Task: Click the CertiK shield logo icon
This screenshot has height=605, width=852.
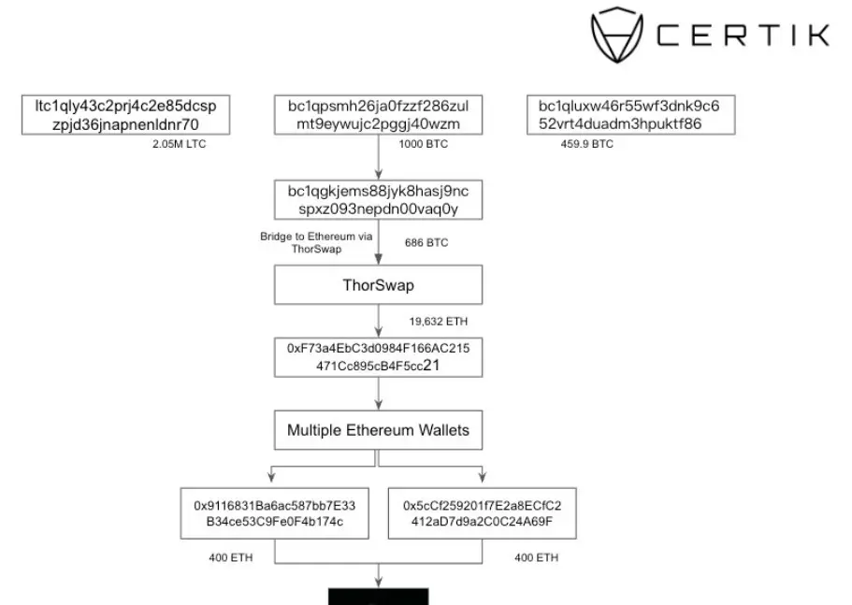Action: point(618,35)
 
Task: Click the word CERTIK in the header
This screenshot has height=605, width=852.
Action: point(744,36)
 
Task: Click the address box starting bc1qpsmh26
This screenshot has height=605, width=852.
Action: point(378,115)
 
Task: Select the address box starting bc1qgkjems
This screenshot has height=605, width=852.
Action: point(378,199)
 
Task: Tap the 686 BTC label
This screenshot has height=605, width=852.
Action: point(426,243)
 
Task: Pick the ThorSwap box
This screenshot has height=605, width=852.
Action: point(378,285)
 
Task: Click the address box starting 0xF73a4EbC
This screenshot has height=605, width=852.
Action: point(378,357)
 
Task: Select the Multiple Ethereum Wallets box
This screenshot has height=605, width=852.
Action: point(378,431)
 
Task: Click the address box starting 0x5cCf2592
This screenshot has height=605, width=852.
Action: point(483,512)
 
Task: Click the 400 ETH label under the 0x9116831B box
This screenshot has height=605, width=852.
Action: point(230,557)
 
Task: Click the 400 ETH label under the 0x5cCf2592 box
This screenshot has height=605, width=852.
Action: point(536,557)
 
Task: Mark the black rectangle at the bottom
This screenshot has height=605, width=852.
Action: point(378,597)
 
